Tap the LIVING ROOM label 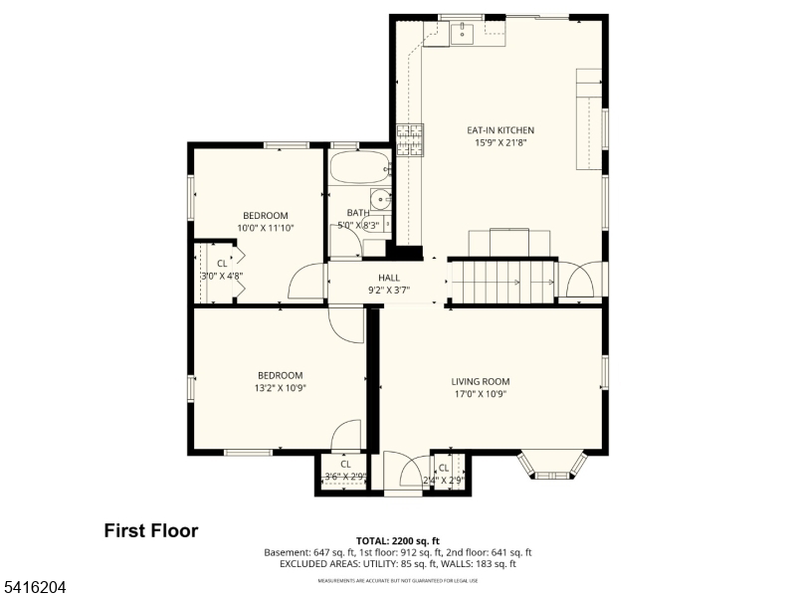pyautogui.click(x=480, y=381)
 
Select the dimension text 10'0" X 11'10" pyautogui.click(x=266, y=228)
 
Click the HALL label pyautogui.click(x=388, y=278)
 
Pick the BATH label pyautogui.click(x=357, y=213)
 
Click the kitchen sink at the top pyautogui.click(x=461, y=35)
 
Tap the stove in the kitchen pyautogui.click(x=409, y=140)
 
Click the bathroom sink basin pyautogui.click(x=381, y=197)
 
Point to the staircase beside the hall pyautogui.click(x=501, y=282)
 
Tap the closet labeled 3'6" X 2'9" pyautogui.click(x=345, y=471)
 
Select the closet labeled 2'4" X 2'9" pyautogui.click(x=444, y=473)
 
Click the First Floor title pyautogui.click(x=151, y=531)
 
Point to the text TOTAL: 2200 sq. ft pyautogui.click(x=397, y=540)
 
